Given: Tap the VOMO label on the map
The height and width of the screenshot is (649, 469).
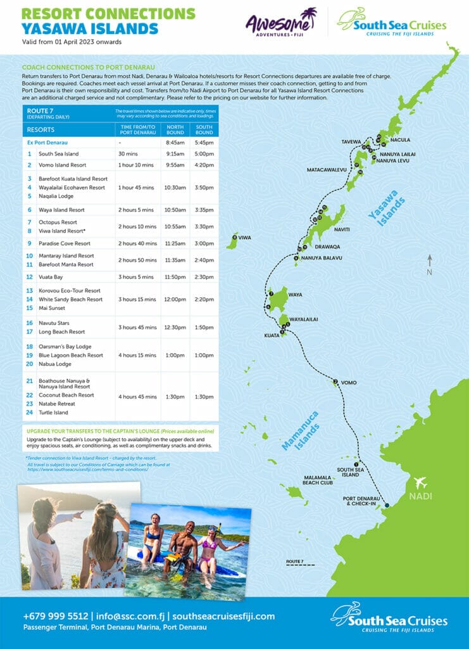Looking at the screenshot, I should click(x=348, y=383).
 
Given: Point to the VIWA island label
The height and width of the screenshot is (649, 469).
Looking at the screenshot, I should click(x=244, y=238).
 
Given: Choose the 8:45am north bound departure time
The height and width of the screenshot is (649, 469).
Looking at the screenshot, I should click(x=175, y=143).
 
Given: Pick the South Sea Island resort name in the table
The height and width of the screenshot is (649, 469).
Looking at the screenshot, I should click(x=58, y=153).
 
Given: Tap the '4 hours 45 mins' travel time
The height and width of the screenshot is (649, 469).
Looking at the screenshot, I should click(x=137, y=397).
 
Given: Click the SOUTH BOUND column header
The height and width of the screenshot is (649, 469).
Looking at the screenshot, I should click(x=204, y=129).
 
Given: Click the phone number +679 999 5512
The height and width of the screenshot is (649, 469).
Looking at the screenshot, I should click(x=56, y=616).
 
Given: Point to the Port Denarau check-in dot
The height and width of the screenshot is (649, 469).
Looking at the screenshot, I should click(x=387, y=505).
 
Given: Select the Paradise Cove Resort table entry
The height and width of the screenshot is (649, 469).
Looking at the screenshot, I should click(x=64, y=243).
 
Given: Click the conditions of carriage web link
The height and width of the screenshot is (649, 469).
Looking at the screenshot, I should click(x=87, y=470).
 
